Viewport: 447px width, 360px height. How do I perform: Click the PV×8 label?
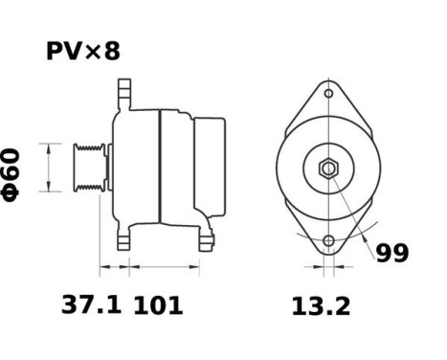pos(83,51)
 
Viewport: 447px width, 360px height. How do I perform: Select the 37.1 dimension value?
pos(91,305)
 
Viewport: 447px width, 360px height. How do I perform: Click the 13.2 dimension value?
pos(321,305)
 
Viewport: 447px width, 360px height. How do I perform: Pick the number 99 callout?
pos(391,253)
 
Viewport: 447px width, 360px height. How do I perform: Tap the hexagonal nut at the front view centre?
pos(328,169)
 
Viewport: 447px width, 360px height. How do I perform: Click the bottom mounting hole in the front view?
pos(328,240)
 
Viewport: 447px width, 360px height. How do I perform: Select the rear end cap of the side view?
pos(211,168)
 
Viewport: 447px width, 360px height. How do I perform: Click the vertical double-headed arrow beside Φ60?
pos(47,168)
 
